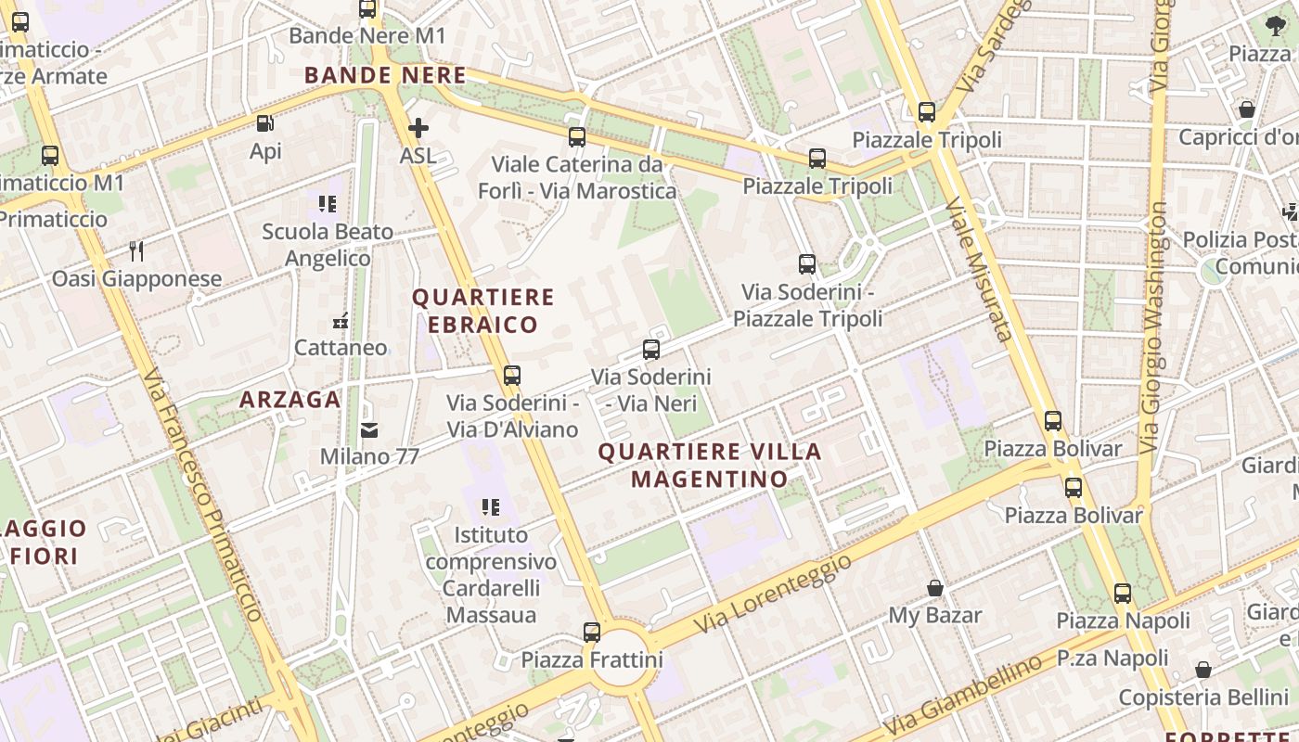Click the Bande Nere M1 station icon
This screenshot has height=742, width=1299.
click(x=367, y=9)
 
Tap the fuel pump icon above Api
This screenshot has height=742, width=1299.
click(x=265, y=122)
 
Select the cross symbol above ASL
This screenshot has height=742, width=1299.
click(x=418, y=128)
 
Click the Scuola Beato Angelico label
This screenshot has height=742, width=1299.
click(x=328, y=245)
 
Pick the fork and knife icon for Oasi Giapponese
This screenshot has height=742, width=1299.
click(x=136, y=250)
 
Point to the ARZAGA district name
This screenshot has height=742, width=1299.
click(x=290, y=400)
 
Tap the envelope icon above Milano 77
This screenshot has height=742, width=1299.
click(x=369, y=429)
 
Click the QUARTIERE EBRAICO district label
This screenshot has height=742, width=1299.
click(x=482, y=311)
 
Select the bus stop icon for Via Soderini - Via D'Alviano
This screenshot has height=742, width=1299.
click(x=512, y=376)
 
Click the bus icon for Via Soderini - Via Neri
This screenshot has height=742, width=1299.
click(x=651, y=350)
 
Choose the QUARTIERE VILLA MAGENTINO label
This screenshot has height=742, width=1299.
click(x=710, y=466)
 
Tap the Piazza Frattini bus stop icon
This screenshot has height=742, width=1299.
click(x=592, y=633)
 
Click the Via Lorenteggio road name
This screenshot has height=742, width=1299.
click(x=772, y=595)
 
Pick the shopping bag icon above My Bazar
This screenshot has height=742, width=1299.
click(x=935, y=588)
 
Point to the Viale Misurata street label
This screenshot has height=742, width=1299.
click(x=977, y=269)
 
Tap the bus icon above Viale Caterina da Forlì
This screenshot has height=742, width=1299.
click(x=577, y=137)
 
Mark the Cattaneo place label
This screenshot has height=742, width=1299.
click(x=341, y=348)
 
